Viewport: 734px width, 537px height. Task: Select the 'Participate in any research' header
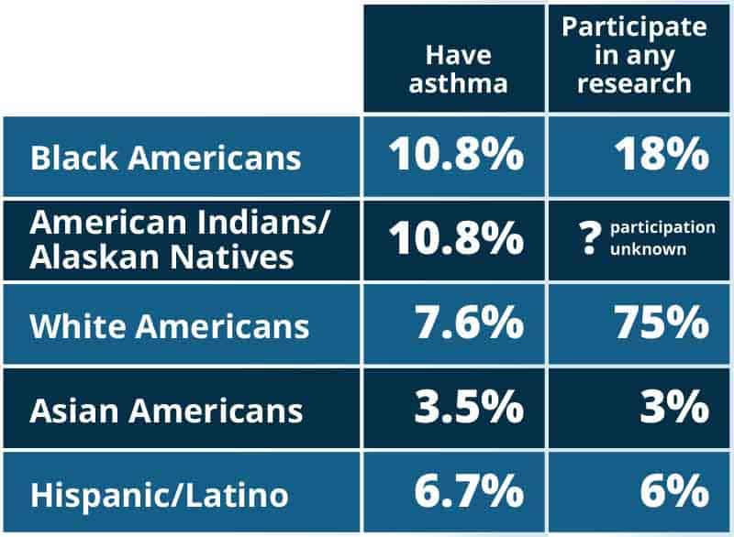(x=635, y=55)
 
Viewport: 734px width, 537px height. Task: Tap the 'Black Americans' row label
(x=165, y=157)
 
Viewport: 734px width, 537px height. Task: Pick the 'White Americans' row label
(x=170, y=326)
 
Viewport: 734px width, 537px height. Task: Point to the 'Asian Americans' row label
(x=166, y=411)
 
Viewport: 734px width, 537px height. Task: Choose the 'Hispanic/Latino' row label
(x=159, y=496)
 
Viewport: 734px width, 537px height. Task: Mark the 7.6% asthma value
(x=468, y=324)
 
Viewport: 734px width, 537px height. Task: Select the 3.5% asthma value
(x=468, y=409)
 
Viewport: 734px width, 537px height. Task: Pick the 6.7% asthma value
(x=468, y=493)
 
